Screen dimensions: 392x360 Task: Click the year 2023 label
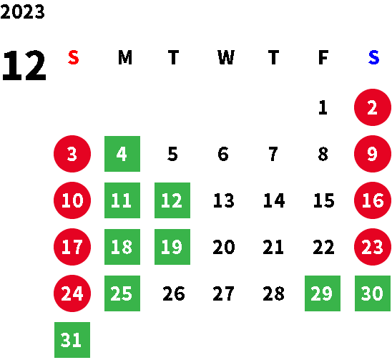pos(22,11)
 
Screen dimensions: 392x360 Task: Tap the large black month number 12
pos(24,65)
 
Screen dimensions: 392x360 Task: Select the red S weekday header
pos(74,57)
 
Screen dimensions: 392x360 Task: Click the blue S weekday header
pos(373,57)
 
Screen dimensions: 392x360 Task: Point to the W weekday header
pos(226,57)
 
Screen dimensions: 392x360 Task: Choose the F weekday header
pos(323,57)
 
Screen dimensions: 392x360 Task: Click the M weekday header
pos(125,57)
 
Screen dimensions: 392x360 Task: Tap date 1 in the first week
pos(323,107)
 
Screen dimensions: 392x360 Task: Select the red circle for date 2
pos(373,107)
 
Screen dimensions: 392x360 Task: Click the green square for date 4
pos(122,154)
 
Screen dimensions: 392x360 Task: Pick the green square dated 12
pos(172,200)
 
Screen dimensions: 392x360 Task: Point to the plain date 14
pos(274,200)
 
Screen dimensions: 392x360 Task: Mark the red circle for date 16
pos(373,200)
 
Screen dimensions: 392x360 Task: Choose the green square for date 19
pos(172,247)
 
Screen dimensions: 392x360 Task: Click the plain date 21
pos(273,247)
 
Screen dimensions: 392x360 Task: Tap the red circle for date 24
pos(72,293)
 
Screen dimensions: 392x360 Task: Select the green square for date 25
pos(122,293)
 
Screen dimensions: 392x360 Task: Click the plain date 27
pos(223,293)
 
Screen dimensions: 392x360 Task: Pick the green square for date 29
pos(323,293)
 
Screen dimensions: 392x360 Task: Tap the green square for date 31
pos(72,340)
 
